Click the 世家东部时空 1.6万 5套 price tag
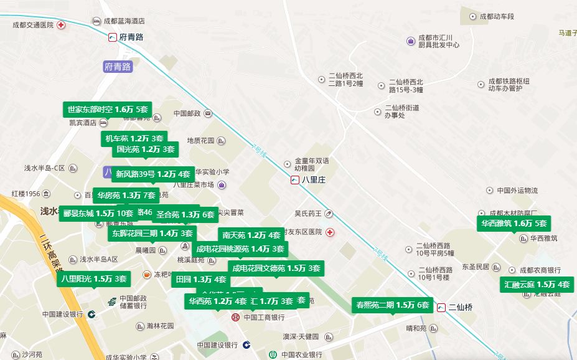click(x=108, y=110)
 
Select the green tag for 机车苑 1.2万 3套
click(x=134, y=138)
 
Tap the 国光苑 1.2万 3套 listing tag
click(x=146, y=149)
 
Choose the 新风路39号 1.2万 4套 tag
click(x=152, y=174)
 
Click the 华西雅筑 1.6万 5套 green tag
click(x=514, y=224)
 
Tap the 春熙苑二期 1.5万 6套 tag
click(x=392, y=305)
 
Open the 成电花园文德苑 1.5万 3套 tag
click(x=276, y=268)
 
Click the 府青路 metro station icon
click(x=113, y=37)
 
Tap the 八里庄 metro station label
click(x=314, y=180)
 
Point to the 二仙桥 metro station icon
click(x=441, y=307)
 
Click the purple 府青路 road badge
click(x=118, y=66)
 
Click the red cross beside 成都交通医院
click(x=61, y=25)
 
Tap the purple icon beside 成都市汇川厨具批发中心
click(x=411, y=41)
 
